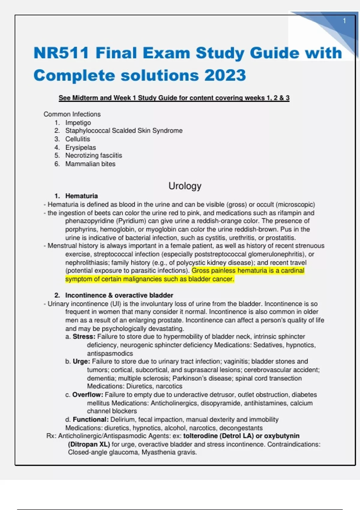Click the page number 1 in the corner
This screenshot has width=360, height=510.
click(x=344, y=21)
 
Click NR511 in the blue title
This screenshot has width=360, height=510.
click(x=61, y=53)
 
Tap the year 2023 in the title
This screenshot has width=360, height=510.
click(x=225, y=75)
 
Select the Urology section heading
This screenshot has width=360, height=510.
click(x=185, y=186)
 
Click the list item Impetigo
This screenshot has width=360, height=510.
click(x=78, y=123)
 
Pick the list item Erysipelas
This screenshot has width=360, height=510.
click(x=80, y=147)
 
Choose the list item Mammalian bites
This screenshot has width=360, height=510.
click(x=90, y=164)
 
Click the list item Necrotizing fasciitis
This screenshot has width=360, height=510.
click(x=94, y=155)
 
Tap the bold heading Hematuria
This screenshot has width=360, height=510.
click(x=81, y=196)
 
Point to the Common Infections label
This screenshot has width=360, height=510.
click(x=72, y=114)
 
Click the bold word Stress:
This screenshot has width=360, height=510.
click(x=84, y=337)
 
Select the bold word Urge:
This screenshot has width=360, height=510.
click(x=81, y=361)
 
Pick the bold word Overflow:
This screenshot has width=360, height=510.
click(x=88, y=394)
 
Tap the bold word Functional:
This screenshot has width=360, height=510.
click(x=91, y=419)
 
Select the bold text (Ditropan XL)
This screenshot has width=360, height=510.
click(x=89, y=444)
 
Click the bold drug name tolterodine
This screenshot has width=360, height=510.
click(x=200, y=436)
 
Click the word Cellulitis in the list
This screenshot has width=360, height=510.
click(x=78, y=139)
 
